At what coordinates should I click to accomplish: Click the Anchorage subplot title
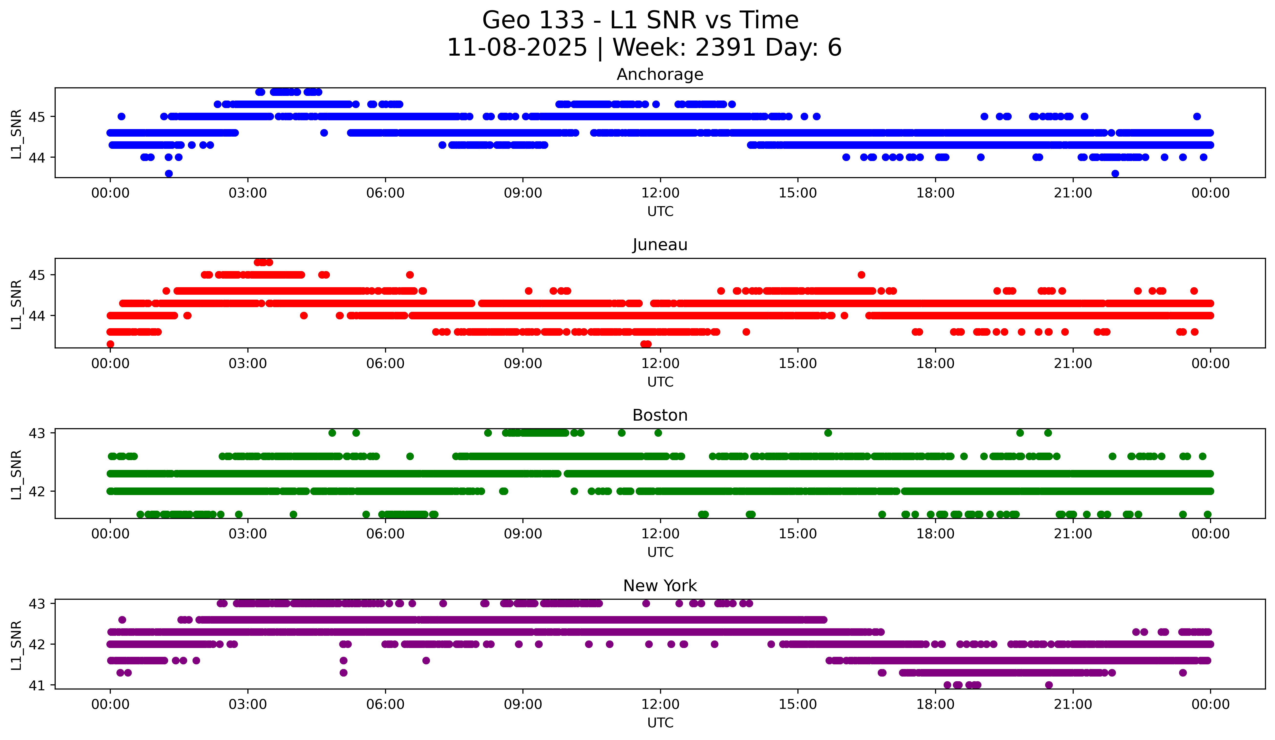pos(660,74)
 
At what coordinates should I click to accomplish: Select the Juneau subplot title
pos(660,245)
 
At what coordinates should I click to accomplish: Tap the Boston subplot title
pos(660,415)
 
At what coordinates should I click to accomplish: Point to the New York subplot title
pos(660,586)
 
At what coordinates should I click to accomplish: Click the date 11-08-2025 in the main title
pos(517,48)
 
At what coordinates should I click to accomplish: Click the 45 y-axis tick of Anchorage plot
pos(36,117)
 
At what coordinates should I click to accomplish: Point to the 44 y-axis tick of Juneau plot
pos(36,316)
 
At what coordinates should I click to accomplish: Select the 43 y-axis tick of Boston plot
pos(36,433)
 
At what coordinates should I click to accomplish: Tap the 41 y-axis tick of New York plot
pos(36,685)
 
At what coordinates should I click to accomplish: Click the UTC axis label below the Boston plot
pos(660,552)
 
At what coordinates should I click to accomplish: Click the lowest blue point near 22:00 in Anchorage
pos(1115,173)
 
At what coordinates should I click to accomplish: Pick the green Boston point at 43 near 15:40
pos(828,433)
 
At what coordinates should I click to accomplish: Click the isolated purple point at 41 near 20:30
pos(1049,685)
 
